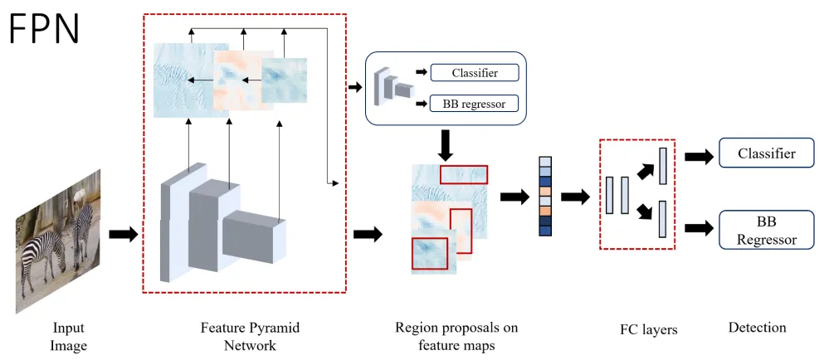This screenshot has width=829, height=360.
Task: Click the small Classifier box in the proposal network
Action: (x=475, y=73)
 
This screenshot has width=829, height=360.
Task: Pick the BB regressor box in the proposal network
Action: (x=475, y=104)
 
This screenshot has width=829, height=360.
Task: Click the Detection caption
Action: (x=757, y=328)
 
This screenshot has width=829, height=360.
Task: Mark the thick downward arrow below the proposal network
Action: (x=446, y=145)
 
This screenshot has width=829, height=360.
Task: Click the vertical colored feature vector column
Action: (x=545, y=197)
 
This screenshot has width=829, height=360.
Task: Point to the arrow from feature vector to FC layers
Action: (x=574, y=197)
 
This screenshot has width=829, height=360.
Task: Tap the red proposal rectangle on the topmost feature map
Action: (x=464, y=174)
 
